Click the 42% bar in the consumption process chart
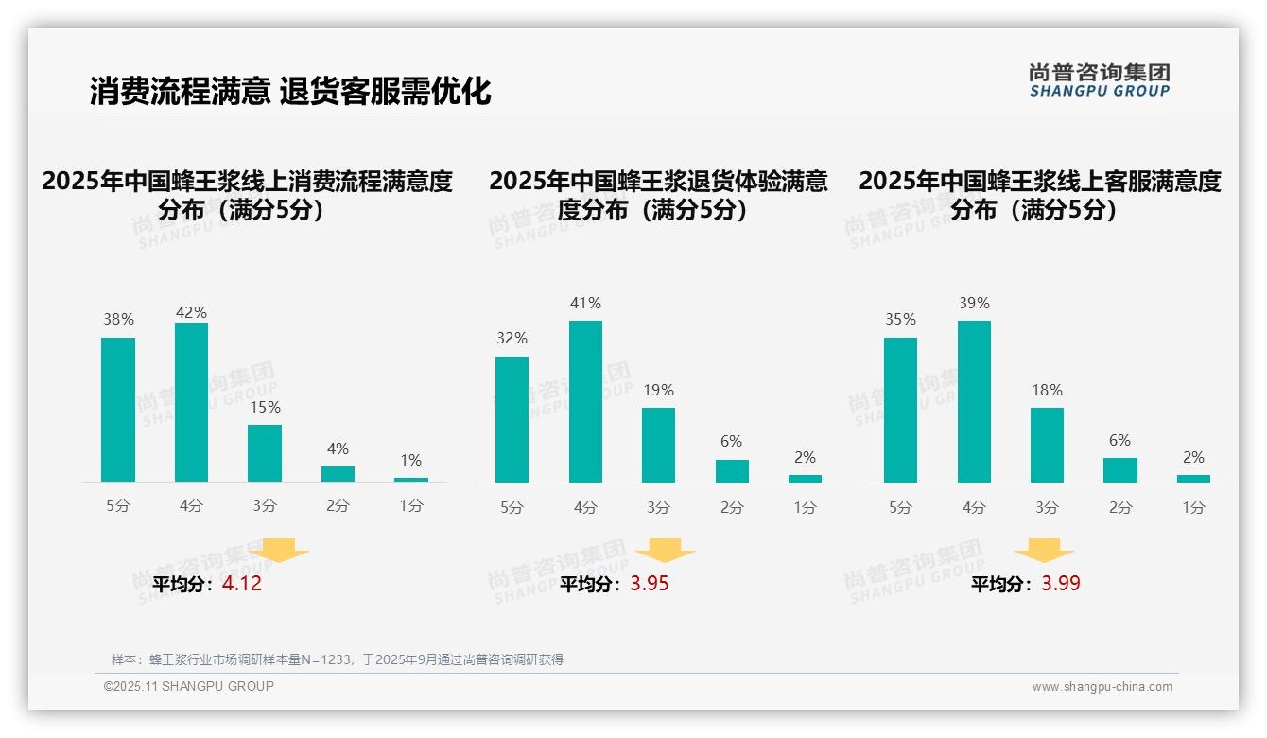click(x=191, y=402)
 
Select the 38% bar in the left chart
click(x=118, y=410)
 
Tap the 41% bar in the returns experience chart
click(x=585, y=401)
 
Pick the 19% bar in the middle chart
click(x=658, y=445)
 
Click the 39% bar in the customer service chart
click(x=974, y=401)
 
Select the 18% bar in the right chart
click(x=1047, y=445)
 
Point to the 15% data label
click(x=265, y=408)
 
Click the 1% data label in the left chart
click(x=410, y=461)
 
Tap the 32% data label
click(x=512, y=339)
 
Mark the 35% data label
click(x=900, y=320)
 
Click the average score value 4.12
click(x=242, y=584)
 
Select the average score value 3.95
click(x=650, y=584)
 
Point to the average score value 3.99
click(x=1061, y=584)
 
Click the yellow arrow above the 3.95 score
click(x=665, y=551)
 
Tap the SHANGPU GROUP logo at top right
click(x=1099, y=80)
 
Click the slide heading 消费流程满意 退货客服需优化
click(x=290, y=91)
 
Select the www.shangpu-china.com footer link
click(x=1102, y=687)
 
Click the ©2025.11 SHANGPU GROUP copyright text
click(x=189, y=686)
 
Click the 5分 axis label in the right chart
click(x=900, y=508)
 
